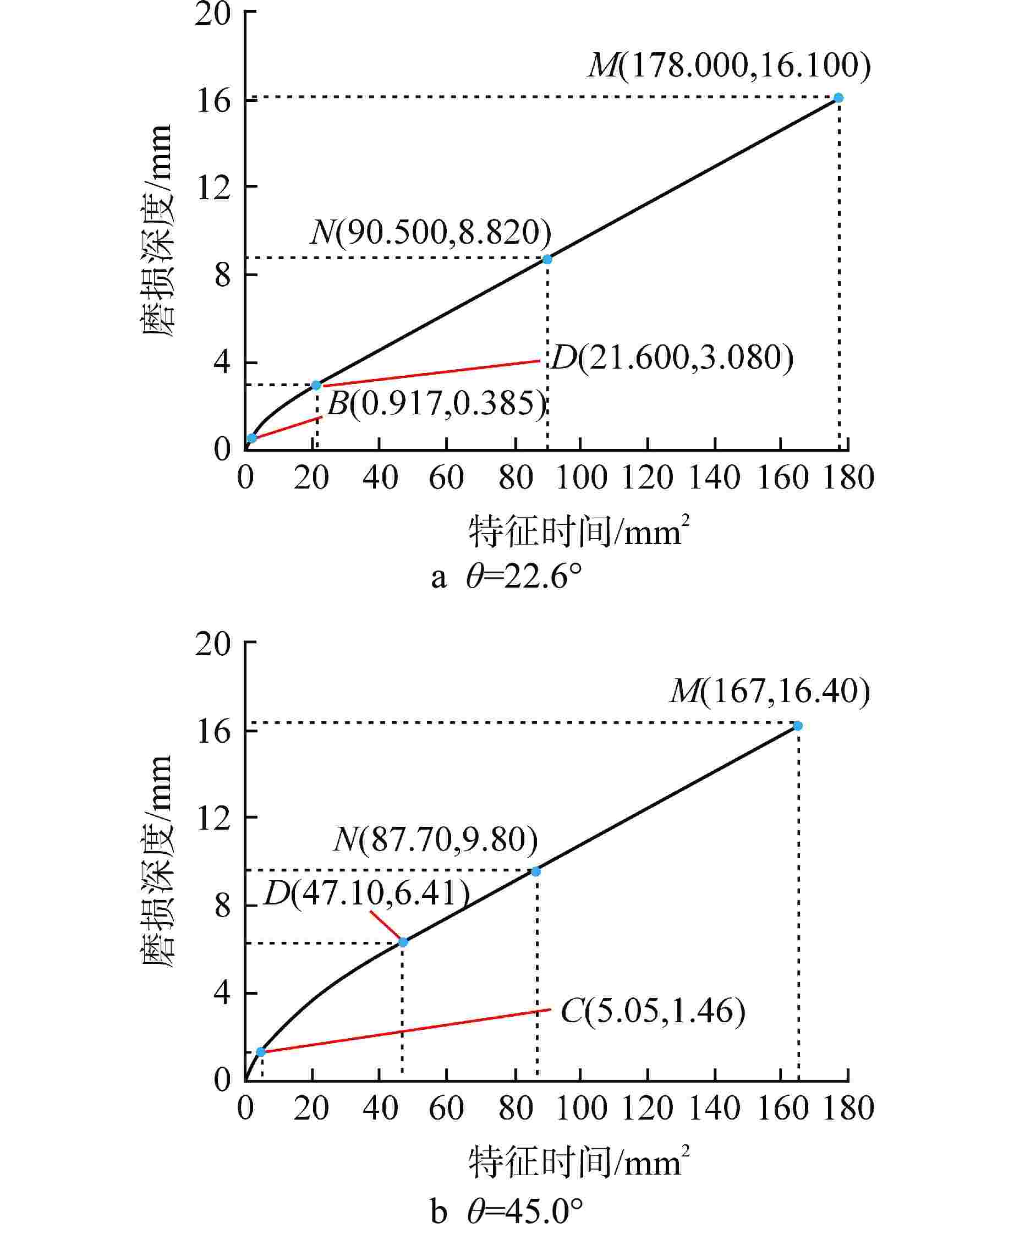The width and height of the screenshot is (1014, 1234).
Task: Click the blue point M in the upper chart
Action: coord(838,97)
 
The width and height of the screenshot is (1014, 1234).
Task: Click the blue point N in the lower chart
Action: coord(536,872)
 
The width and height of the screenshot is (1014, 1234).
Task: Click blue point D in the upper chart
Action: coord(316,385)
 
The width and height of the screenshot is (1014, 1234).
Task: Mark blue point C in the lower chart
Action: coord(261,1052)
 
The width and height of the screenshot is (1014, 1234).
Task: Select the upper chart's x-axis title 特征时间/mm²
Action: coord(578,531)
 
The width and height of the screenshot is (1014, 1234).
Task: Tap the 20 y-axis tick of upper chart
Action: coord(213,13)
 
